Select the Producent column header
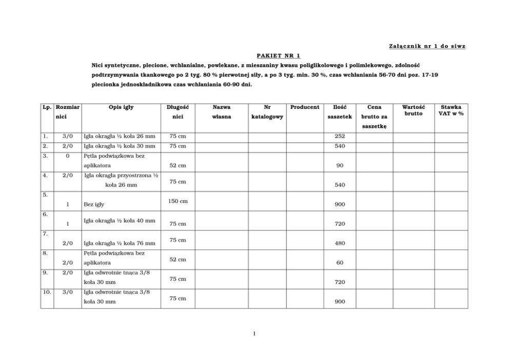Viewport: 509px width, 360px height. (304, 107)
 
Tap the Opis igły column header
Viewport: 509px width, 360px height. (121, 107)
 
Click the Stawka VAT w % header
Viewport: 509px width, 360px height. (451, 110)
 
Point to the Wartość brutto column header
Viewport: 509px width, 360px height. (413, 110)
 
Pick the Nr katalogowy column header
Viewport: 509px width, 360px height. (267, 112)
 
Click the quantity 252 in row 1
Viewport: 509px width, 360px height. (340, 137)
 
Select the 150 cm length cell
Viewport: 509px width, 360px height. (178, 201)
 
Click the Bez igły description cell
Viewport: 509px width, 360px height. (94, 204)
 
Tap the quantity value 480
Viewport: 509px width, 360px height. (340, 243)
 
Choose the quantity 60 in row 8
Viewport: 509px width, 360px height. (340, 263)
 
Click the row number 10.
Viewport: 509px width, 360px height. (47, 292)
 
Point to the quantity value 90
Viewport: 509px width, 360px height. (340, 166)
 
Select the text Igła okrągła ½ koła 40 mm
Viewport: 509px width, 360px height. (119, 221)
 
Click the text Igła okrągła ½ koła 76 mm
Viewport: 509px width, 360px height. (119, 243)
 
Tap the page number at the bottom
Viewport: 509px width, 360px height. (254, 334)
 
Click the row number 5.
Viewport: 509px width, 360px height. (46, 195)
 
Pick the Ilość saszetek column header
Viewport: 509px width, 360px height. (340, 112)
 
